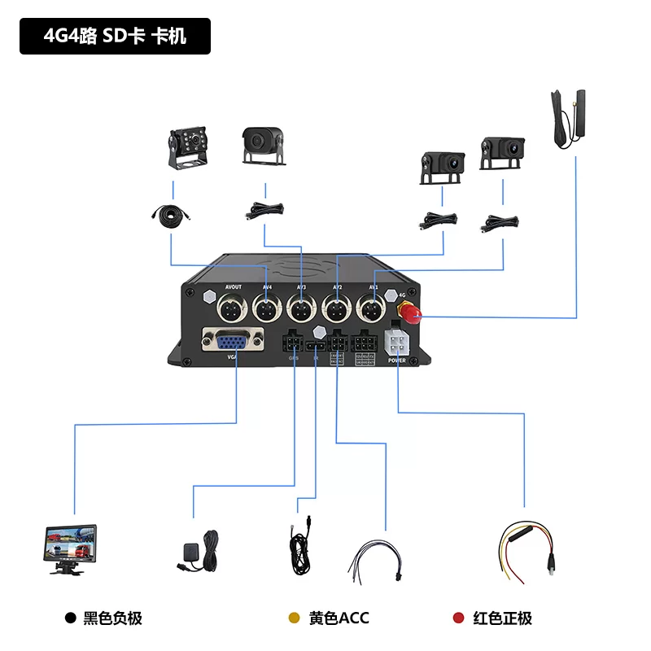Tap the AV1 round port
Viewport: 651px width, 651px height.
[372, 309]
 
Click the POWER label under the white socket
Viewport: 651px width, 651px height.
[397, 360]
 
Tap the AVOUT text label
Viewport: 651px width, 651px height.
[233, 287]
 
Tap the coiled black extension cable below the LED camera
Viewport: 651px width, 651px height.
[172, 214]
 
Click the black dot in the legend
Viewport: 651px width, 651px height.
[71, 618]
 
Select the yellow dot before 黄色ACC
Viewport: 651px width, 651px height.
[295, 618]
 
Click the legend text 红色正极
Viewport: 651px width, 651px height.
[502, 618]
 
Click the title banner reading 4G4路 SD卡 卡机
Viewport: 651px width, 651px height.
[115, 37]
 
